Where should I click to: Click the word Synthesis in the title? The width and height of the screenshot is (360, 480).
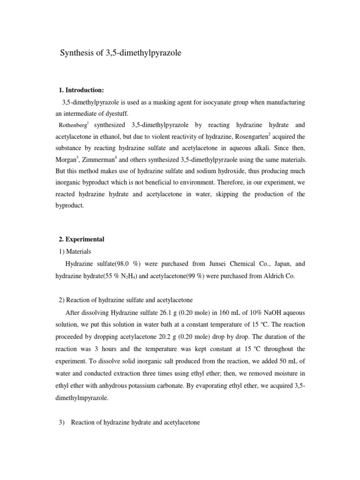(x=75, y=53)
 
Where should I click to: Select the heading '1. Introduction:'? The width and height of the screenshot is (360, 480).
(x=82, y=90)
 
